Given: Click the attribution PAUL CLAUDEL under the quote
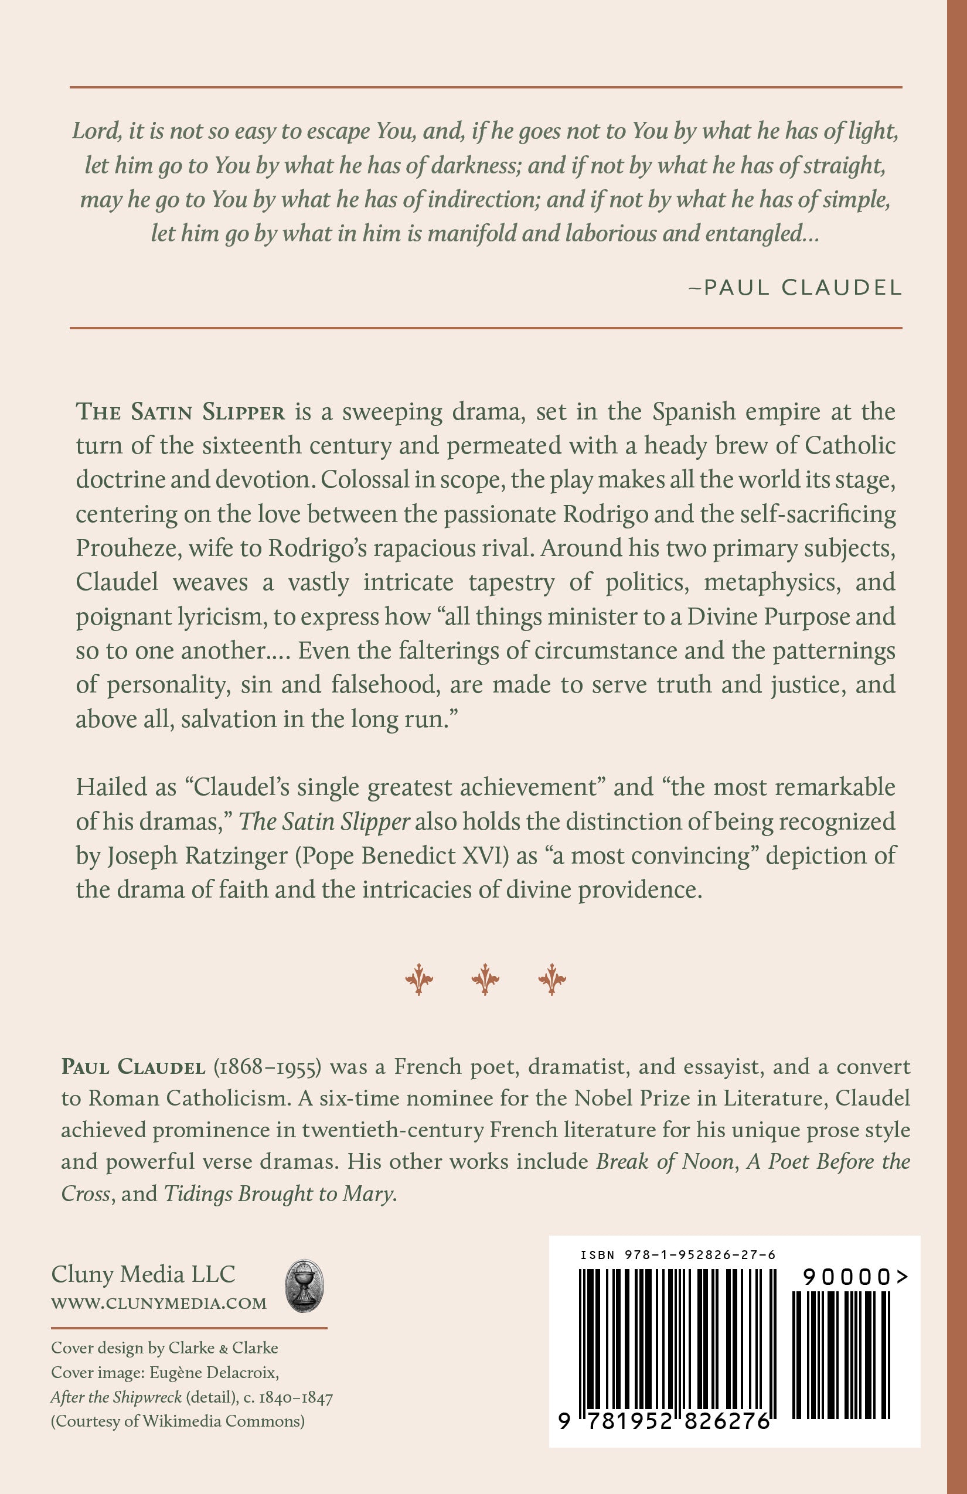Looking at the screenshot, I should (802, 288).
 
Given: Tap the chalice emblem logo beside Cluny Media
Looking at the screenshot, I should (305, 1286).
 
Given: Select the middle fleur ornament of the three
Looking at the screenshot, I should (485, 979).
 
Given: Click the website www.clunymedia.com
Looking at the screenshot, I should (159, 1303).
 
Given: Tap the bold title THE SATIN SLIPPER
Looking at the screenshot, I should (181, 412).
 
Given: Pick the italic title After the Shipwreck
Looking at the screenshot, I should (116, 1397).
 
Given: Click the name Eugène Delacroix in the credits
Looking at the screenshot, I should (213, 1373).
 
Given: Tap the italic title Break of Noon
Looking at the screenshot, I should (665, 1161).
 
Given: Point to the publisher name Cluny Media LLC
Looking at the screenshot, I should (143, 1274).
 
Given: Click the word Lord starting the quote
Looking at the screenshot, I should (96, 131).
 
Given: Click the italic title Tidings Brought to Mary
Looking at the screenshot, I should (279, 1193).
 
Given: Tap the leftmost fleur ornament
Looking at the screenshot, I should (419, 979).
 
